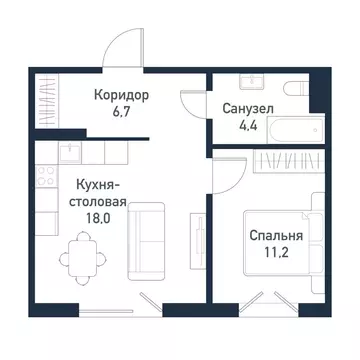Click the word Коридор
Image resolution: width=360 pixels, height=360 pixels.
point(122,95)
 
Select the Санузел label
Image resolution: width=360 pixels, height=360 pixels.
point(249,107)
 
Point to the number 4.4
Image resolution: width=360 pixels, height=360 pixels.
point(249,125)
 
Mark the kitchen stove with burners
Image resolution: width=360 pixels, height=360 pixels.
point(44,180)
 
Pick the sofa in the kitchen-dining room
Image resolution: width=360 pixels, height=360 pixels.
point(149,241)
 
